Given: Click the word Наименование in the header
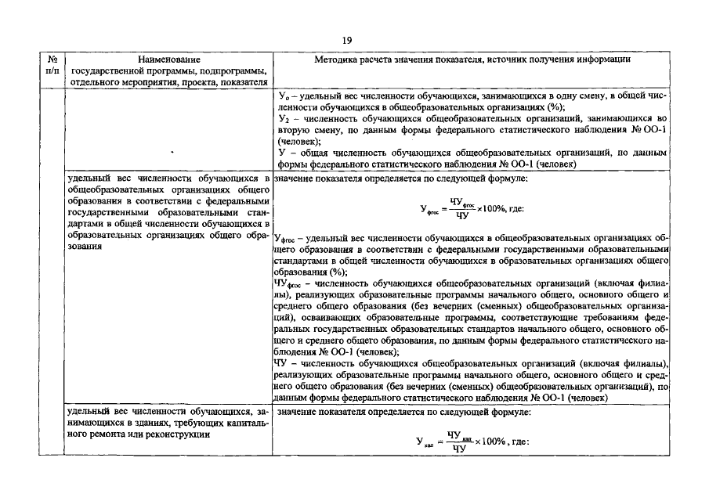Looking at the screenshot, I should tap(168, 59).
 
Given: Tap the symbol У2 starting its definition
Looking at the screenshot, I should tap(284, 120).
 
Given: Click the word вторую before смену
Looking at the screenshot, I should tap(293, 131).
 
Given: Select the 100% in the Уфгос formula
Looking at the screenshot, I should tap(495, 209).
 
